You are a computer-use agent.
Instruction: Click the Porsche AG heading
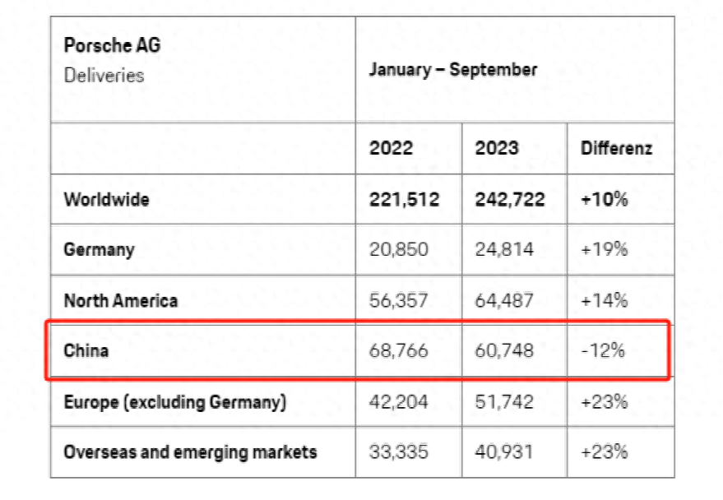pyautogui.click(x=112, y=44)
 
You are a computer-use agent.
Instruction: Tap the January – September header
pyautogui.click(x=452, y=69)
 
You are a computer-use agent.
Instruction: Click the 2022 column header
pyautogui.click(x=392, y=149)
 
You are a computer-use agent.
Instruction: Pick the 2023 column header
pyautogui.click(x=497, y=149)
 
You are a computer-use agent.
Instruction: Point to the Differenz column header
pyautogui.click(x=616, y=149)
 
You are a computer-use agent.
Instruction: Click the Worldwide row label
pyautogui.click(x=106, y=199)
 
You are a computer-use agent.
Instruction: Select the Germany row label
pyautogui.click(x=99, y=249)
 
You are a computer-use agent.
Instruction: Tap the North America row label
pyautogui.click(x=120, y=300)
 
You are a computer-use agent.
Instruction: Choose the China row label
pyautogui.click(x=86, y=351)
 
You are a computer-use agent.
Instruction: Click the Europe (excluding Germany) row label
pyautogui.click(x=174, y=402)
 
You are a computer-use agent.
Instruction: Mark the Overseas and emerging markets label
pyautogui.click(x=190, y=451)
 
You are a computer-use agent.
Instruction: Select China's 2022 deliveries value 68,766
pyautogui.click(x=398, y=351)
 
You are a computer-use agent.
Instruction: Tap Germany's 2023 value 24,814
pyautogui.click(x=504, y=249)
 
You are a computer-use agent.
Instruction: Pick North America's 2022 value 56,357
pyautogui.click(x=398, y=300)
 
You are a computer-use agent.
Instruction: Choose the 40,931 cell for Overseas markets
pyautogui.click(x=504, y=451)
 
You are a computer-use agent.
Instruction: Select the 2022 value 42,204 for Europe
pyautogui.click(x=398, y=402)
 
